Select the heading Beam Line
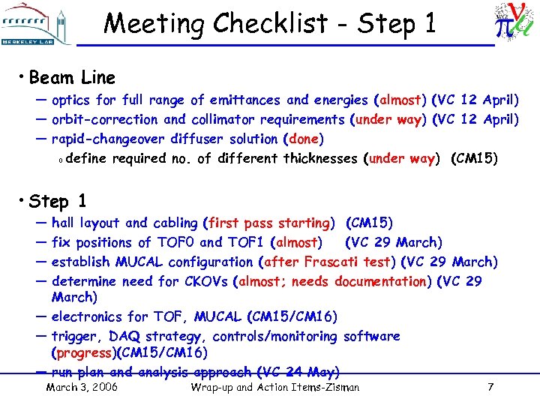point(72,77)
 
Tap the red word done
point(304,139)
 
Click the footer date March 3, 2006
point(82,388)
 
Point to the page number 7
point(490,388)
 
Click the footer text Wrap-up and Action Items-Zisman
point(275,388)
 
